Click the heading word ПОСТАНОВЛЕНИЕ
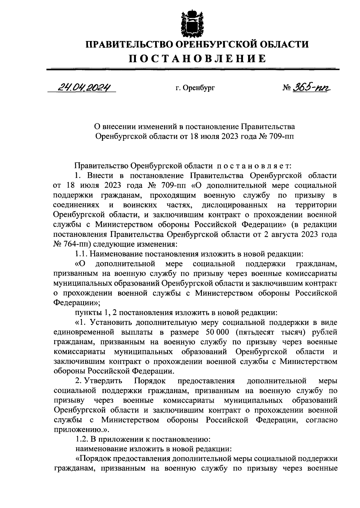coord(197,59)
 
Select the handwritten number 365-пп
coord(309,87)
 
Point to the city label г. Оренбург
coord(195,88)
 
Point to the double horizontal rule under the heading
coord(193,69)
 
